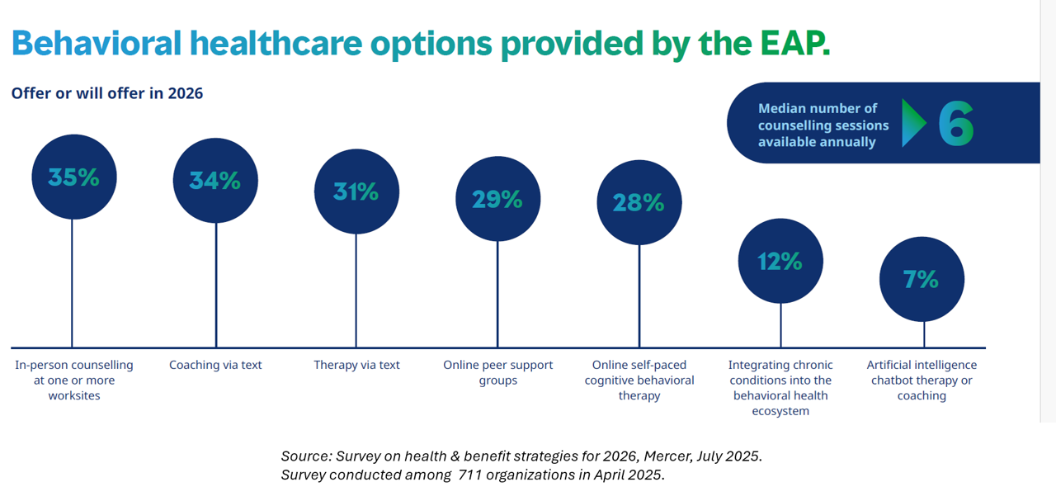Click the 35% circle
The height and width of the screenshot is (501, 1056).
point(73,177)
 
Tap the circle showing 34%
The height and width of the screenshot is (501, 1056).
point(215,181)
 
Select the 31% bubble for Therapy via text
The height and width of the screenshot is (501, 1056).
point(356,191)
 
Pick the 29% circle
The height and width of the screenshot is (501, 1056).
point(497,199)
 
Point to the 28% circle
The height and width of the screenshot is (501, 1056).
point(639,202)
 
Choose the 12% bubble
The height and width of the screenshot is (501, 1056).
point(780,261)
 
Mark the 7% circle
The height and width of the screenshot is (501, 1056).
point(922,280)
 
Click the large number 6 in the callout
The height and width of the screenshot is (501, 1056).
point(956,125)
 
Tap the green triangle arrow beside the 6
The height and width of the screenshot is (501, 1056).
point(913,124)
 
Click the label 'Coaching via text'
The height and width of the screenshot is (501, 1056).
point(215,365)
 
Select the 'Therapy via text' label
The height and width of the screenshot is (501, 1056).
point(356,365)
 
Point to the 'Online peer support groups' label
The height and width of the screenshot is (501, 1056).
point(497,372)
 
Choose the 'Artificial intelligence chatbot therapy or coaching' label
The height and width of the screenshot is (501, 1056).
point(922,380)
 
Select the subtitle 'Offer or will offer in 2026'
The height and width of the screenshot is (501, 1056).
point(107,93)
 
